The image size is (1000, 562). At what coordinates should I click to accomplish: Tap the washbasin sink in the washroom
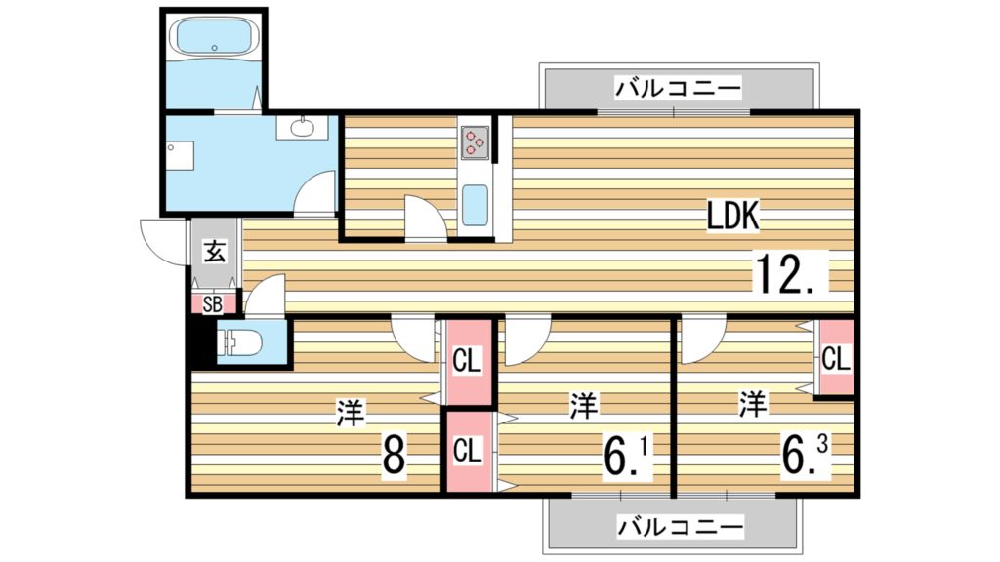point(302,127)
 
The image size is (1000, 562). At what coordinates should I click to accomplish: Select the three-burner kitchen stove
point(475,142)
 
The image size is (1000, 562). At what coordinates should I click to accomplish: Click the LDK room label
point(733,217)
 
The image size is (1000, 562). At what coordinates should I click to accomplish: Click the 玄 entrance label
point(215,251)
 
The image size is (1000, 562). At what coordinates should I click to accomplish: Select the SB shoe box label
point(212,303)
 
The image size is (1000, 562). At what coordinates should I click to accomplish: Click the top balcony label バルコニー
point(678,91)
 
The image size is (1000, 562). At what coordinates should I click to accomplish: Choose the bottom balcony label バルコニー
point(679,528)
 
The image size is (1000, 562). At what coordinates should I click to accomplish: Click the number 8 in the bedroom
point(393,453)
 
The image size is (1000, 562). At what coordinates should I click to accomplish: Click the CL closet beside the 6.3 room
point(835,359)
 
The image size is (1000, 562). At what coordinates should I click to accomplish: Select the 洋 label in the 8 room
point(350,413)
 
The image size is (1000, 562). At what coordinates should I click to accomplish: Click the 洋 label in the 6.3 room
point(752,403)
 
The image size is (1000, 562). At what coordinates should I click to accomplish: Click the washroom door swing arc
point(314,192)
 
